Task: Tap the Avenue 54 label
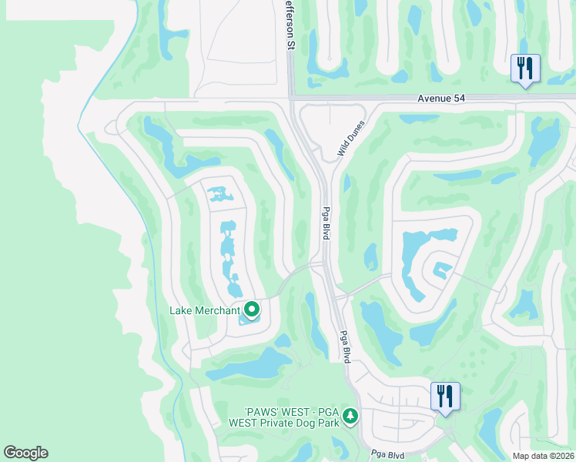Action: click(x=442, y=99)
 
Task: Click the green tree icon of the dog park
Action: click(x=350, y=416)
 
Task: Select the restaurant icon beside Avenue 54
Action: click(x=525, y=69)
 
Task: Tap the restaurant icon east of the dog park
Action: click(x=445, y=397)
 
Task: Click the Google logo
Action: click(x=25, y=453)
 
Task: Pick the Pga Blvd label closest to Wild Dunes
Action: click(x=326, y=223)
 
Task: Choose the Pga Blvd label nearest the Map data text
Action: click(x=388, y=454)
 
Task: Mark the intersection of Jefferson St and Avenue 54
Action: click(x=291, y=98)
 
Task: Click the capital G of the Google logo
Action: click(x=10, y=453)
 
